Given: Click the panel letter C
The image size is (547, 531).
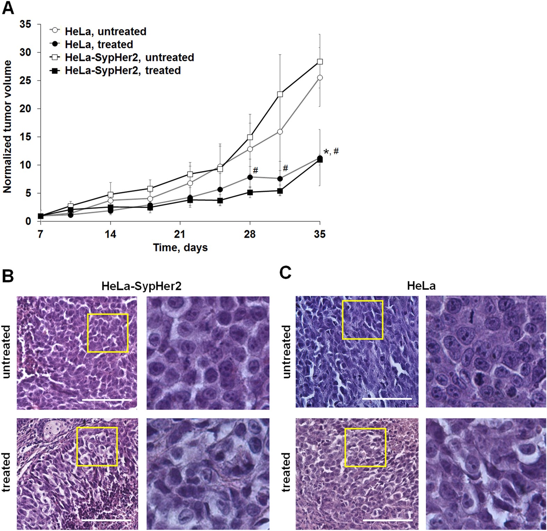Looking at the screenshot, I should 285,273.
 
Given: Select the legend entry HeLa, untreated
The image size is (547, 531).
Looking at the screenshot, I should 105,31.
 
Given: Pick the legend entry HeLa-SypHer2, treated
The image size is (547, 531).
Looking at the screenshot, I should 123,71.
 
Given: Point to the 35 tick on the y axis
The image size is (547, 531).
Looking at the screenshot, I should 25,24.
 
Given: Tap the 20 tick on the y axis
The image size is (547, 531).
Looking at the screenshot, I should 25,109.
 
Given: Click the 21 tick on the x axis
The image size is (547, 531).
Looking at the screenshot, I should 180,234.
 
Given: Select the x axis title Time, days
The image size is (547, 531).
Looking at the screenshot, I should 180,248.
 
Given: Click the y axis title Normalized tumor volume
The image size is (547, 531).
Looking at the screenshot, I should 7,127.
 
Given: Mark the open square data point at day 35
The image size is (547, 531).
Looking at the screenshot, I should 320,62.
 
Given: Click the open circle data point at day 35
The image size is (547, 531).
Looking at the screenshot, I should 320,78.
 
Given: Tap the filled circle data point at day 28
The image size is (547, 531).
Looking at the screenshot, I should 250,177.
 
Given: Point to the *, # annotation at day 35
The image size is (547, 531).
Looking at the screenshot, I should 331,152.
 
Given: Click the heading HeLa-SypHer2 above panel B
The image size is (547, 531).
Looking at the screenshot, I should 141,286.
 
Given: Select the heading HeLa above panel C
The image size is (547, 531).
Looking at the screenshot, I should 421,286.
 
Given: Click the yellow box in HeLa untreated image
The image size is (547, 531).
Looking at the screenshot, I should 362,320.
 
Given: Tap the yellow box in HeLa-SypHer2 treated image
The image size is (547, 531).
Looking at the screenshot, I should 97,446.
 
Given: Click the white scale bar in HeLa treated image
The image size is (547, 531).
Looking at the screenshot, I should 387,520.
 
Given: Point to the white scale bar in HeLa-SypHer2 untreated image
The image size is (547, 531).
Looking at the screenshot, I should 107,400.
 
